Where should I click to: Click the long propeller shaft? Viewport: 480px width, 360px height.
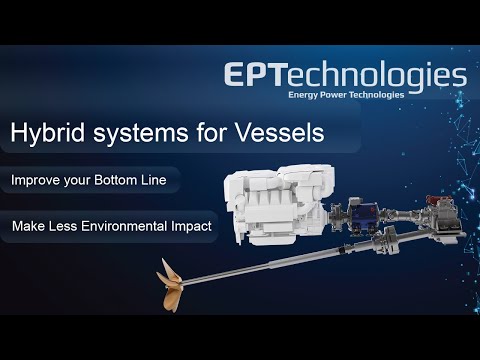(x=290, y=258)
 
